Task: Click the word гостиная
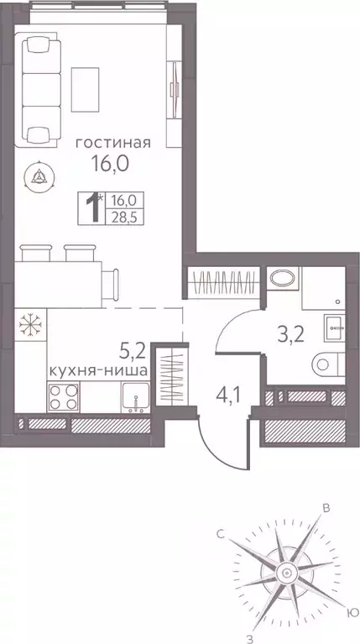[112, 142]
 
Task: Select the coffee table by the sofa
[89, 85]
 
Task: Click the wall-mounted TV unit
[175, 84]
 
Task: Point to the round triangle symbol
[39, 175]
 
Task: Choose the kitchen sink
[135, 395]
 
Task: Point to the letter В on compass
[327, 507]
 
